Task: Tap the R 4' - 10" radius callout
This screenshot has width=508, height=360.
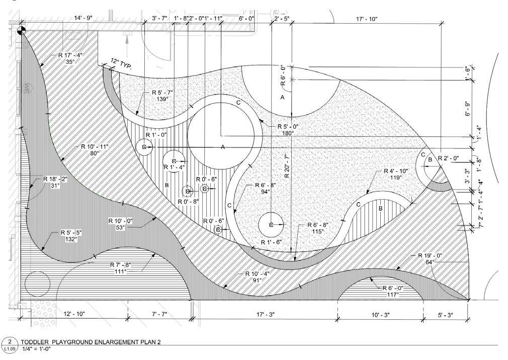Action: pos(398,171)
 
